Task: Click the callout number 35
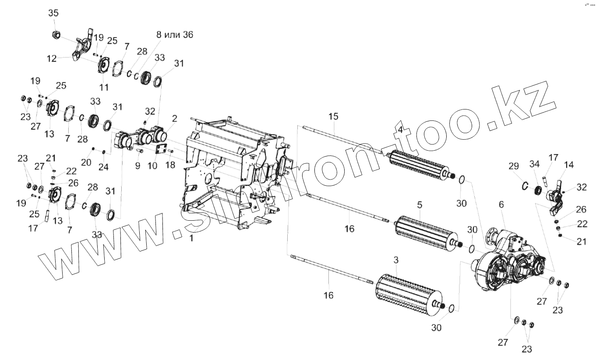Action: pos(53,13)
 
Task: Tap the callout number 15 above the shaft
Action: pos(334,116)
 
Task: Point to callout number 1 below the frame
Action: pos(190,238)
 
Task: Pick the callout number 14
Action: pos(568,165)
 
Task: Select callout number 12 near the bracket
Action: pos(52,58)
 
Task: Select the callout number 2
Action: pos(174,119)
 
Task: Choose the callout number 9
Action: pos(138,166)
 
